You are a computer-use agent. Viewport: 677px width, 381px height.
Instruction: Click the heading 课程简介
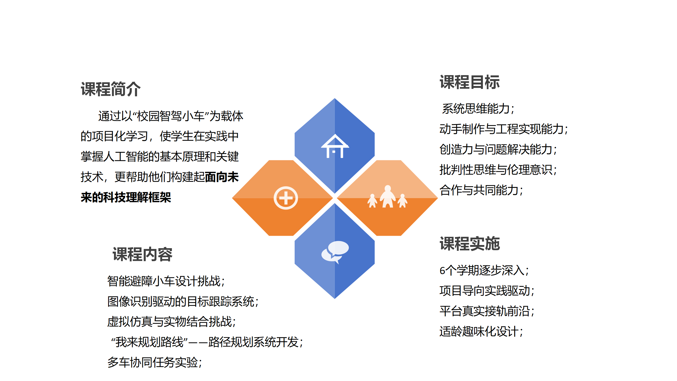click(111, 89)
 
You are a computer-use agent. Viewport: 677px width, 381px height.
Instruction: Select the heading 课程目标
click(470, 82)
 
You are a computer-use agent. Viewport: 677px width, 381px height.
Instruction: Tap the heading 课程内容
click(142, 255)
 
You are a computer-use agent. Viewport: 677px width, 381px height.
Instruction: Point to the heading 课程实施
click(470, 243)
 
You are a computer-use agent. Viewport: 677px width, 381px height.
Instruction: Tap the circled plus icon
click(286, 198)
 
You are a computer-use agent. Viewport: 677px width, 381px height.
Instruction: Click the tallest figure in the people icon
click(388, 196)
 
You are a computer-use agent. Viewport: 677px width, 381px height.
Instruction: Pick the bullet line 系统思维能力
click(478, 109)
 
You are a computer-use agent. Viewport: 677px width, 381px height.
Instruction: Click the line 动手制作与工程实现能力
click(504, 129)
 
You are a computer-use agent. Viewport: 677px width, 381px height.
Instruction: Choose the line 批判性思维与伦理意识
click(498, 170)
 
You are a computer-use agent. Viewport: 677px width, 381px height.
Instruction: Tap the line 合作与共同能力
click(481, 190)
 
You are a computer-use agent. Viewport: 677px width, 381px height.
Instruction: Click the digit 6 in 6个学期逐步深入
click(442, 271)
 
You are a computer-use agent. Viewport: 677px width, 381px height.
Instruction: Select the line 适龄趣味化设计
click(481, 332)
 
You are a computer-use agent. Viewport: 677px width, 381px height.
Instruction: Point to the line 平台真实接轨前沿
click(487, 311)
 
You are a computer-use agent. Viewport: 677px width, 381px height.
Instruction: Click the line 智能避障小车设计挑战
click(166, 281)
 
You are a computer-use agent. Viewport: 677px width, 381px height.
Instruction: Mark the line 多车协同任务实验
click(154, 362)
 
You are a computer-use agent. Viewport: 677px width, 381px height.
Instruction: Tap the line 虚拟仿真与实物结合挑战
click(171, 322)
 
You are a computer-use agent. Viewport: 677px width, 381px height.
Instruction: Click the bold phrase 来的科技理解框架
click(126, 197)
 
